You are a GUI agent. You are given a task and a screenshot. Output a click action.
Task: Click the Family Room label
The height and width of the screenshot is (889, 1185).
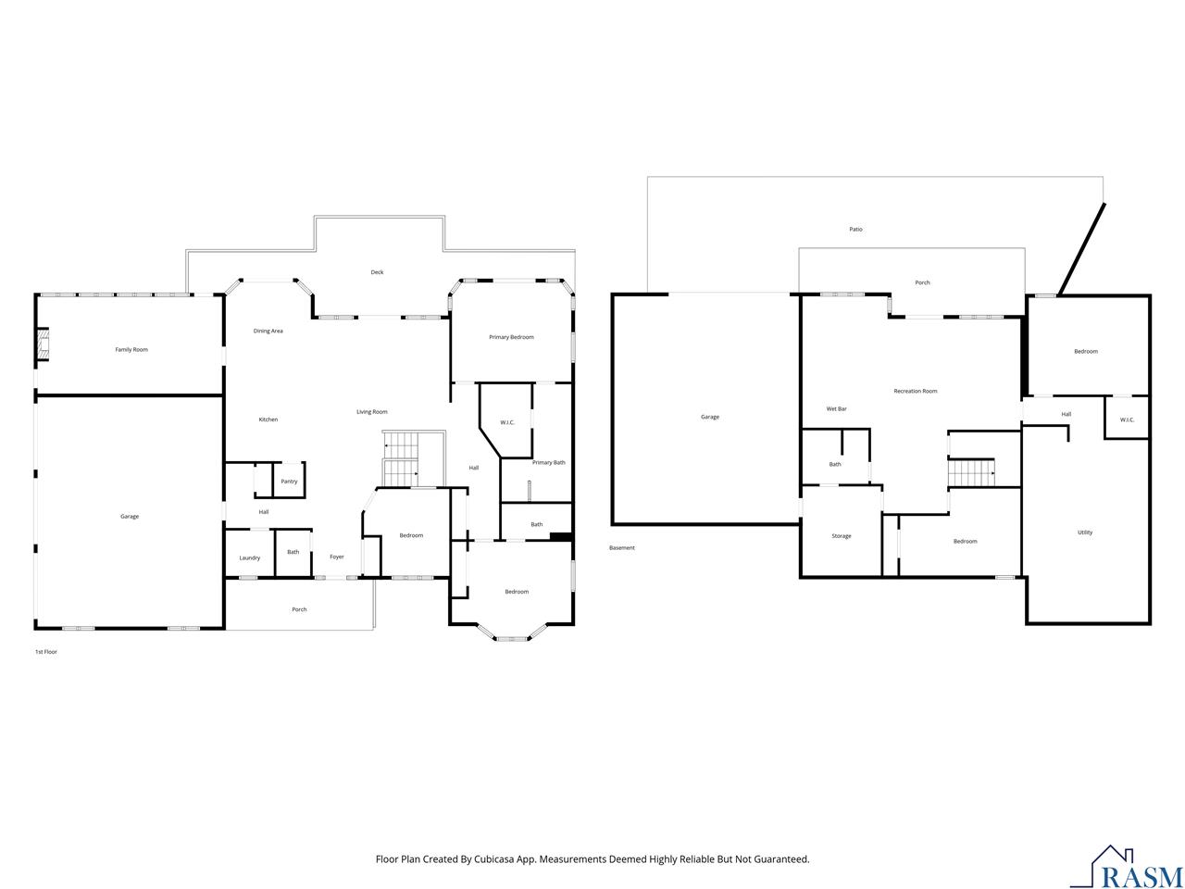(131, 349)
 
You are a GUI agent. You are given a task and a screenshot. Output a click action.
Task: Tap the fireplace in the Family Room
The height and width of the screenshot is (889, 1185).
(43, 344)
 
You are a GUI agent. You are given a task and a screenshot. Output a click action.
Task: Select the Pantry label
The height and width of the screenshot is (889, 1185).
(289, 481)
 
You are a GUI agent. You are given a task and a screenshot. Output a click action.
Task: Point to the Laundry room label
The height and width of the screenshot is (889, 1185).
(249, 557)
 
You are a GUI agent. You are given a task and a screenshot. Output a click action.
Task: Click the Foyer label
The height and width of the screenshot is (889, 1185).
(337, 557)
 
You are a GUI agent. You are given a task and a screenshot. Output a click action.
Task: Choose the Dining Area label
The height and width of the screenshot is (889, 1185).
(268, 331)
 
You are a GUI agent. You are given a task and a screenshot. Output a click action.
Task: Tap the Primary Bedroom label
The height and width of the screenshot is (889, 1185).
(511, 337)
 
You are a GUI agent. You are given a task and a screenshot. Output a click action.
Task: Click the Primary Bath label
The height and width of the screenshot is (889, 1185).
(548, 462)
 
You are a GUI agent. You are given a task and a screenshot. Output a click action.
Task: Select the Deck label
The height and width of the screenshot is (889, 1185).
(377, 272)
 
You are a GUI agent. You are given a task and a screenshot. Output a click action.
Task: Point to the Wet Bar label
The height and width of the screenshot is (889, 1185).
(836, 408)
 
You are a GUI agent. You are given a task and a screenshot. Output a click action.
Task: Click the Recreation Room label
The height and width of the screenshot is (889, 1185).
(915, 391)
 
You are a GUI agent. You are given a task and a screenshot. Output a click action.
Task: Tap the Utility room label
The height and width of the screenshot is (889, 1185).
(1085, 532)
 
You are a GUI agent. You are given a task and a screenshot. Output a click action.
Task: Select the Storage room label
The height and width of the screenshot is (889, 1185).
(842, 536)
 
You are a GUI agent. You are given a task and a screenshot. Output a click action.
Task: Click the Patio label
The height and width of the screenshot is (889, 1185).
(855, 230)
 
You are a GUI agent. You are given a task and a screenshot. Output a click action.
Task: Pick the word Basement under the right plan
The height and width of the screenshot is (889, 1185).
(622, 547)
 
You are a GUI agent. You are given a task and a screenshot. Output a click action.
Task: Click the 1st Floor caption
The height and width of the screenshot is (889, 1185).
(46, 652)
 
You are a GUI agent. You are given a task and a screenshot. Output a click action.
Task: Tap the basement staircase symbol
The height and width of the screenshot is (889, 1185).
(971, 472)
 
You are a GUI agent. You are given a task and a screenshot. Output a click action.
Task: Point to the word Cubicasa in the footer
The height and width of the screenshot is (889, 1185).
(494, 858)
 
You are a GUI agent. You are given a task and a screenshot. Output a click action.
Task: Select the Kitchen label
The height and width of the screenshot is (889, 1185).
(268, 419)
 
